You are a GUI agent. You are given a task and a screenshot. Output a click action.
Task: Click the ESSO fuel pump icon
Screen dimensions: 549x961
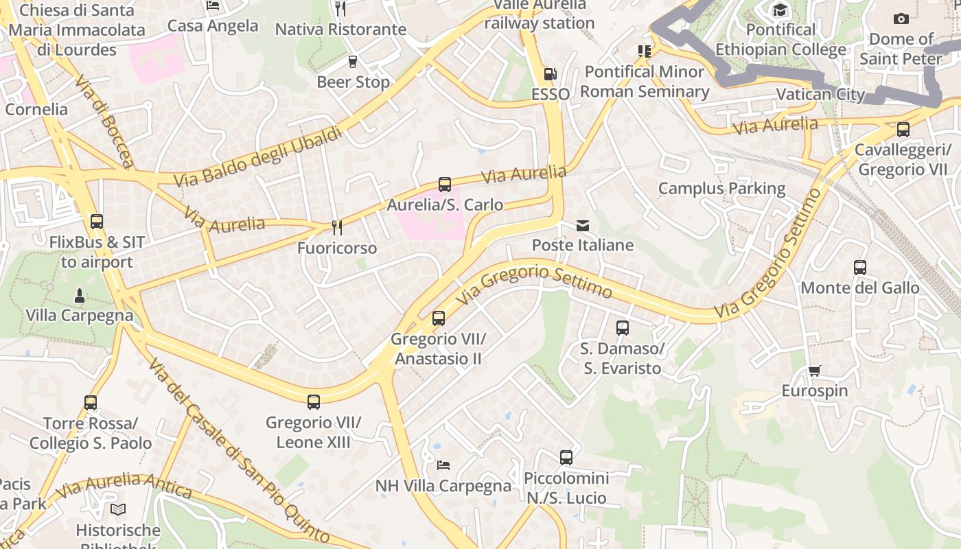[x=549, y=73]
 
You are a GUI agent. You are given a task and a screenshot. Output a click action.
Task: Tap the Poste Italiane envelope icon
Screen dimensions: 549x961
[x=583, y=225]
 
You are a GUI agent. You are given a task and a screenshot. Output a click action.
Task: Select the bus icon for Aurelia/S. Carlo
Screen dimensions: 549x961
[x=445, y=184]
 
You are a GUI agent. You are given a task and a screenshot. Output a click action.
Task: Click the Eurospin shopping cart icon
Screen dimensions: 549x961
[x=815, y=371]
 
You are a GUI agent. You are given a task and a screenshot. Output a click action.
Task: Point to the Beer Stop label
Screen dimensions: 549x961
[x=353, y=82]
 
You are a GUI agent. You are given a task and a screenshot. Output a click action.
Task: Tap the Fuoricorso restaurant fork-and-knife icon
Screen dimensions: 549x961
[x=336, y=227]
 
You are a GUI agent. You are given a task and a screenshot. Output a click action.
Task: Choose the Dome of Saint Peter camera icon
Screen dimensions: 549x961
[x=901, y=19]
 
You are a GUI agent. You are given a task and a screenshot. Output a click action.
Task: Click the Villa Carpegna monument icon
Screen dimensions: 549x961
[x=80, y=296]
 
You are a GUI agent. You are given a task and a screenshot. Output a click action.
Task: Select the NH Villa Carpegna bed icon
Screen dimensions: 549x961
[x=443, y=465]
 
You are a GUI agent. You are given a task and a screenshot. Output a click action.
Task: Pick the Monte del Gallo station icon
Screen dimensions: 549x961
[x=860, y=267]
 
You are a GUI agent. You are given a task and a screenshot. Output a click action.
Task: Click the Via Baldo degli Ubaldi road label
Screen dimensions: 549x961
[x=258, y=156]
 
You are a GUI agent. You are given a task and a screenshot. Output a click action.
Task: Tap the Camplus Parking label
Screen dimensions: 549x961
[x=721, y=188]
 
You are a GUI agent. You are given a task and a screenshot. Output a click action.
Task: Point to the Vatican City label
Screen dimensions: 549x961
[x=820, y=94]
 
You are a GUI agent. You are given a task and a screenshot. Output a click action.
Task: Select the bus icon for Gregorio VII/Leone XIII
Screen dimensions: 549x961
[x=314, y=401]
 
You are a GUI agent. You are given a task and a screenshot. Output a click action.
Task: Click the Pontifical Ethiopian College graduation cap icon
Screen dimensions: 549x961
[x=780, y=10]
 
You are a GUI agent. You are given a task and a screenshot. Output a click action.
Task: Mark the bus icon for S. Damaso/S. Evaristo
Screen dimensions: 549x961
[x=623, y=327]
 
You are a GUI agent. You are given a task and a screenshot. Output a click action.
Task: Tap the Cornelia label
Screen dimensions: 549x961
[x=36, y=109]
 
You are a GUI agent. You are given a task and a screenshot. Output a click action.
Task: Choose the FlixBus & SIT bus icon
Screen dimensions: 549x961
[x=97, y=221]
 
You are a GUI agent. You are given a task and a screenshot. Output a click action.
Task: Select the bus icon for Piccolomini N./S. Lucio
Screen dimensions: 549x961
[x=566, y=457]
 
